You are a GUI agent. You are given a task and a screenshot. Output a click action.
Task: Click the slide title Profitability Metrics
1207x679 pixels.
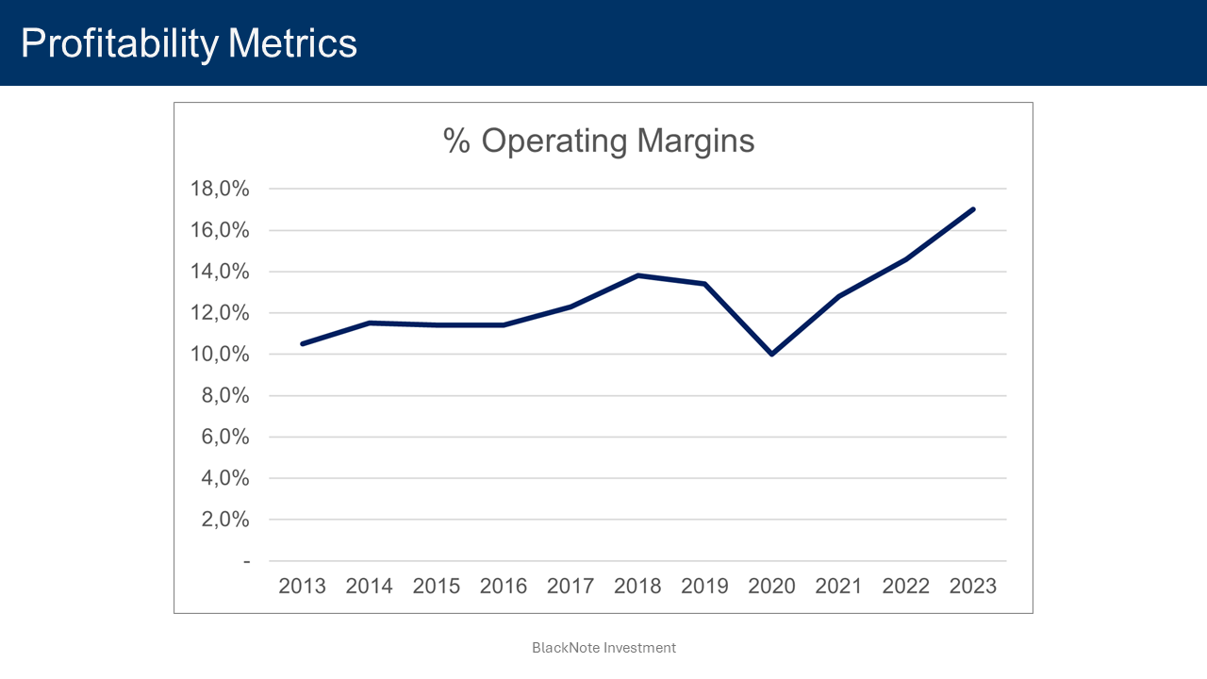click(189, 43)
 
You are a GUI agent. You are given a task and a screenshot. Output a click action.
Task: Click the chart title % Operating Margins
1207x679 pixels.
click(599, 141)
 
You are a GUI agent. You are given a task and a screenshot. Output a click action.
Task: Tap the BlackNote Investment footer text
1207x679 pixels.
click(603, 648)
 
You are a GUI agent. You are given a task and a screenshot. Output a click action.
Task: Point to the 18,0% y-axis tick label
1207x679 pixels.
click(220, 190)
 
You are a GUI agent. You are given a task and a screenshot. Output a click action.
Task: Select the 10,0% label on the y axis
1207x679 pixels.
click(220, 355)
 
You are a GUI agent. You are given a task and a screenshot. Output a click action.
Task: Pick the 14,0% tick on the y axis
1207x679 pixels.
click(220, 272)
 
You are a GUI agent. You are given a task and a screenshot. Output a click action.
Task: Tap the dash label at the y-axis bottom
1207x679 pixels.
click(247, 561)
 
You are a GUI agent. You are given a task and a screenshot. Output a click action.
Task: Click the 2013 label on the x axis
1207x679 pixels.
click(302, 586)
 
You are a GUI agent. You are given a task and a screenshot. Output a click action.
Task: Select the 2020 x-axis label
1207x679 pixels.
click(771, 586)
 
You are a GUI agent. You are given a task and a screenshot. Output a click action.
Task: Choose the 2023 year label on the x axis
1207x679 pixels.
click(972, 586)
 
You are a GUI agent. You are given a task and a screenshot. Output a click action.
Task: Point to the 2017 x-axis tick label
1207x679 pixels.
click(570, 586)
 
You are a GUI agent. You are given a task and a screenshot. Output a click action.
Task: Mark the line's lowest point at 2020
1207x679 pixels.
click(771, 354)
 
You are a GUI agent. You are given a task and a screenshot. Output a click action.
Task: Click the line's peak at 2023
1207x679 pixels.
click(972, 209)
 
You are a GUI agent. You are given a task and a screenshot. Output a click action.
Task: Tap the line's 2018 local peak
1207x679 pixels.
click(637, 275)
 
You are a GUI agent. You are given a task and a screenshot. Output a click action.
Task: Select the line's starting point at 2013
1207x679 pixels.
click(302, 343)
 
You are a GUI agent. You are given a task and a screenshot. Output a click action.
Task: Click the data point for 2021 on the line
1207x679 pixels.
click(838, 296)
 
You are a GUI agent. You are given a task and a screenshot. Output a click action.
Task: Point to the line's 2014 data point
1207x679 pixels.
click(369, 323)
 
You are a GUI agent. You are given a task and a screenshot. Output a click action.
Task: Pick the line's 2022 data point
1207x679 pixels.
click(905, 259)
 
